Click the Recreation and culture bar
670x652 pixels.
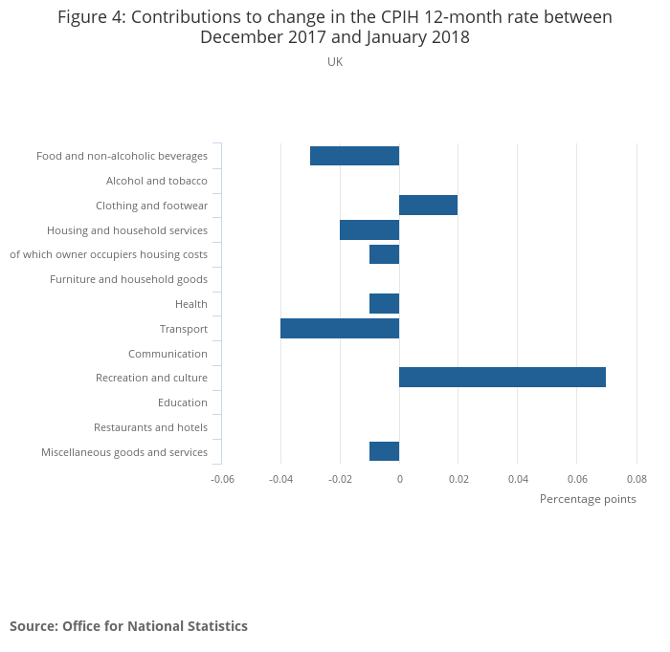pyautogui.click(x=502, y=378)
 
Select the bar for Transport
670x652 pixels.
pyautogui.click(x=340, y=329)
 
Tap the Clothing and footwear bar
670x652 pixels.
pyautogui.click(x=428, y=206)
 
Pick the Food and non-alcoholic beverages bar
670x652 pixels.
pyautogui.click(x=354, y=156)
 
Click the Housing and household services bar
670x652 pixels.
pyautogui.click(x=369, y=229)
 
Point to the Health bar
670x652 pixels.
pyautogui.click(x=384, y=304)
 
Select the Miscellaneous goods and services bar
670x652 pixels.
pyautogui.click(x=384, y=451)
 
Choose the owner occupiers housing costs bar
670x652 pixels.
pyautogui.click(x=384, y=254)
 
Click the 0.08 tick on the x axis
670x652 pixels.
pyautogui.click(x=636, y=479)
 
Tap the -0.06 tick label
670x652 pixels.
pyautogui.click(x=222, y=479)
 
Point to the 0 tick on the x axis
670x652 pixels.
pyautogui.click(x=399, y=479)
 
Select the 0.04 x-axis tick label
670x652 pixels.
pyautogui.click(x=518, y=479)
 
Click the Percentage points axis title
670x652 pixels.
pyautogui.click(x=588, y=499)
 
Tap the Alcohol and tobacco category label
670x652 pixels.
pyautogui.click(x=157, y=181)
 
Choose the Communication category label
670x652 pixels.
pyautogui.click(x=167, y=354)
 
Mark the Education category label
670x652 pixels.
pyautogui.click(x=183, y=402)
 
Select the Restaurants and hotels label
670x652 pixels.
pyautogui.click(x=150, y=427)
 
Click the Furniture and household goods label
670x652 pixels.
pyautogui.click(x=128, y=279)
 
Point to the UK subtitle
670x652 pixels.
pyautogui.click(x=335, y=62)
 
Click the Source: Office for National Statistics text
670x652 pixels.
pyautogui.click(x=128, y=626)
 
